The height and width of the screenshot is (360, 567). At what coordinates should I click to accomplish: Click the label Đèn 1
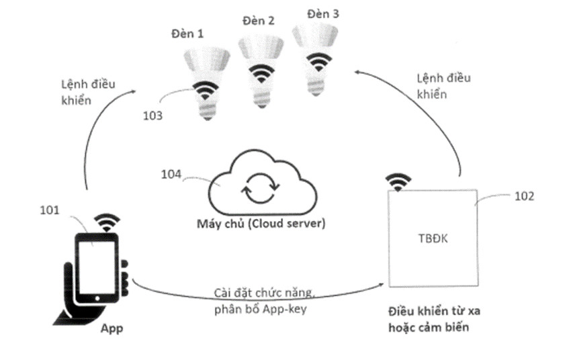(x=190, y=32)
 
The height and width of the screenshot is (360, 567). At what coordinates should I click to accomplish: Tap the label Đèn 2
(x=258, y=21)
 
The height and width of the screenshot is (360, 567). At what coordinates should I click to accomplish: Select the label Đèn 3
(x=322, y=13)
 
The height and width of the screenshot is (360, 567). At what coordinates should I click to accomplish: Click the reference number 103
(x=152, y=116)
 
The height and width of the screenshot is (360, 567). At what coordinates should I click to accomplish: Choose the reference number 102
(x=524, y=196)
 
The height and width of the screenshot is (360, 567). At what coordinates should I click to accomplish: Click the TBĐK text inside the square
(x=433, y=238)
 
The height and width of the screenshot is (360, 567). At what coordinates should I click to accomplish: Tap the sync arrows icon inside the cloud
(x=257, y=189)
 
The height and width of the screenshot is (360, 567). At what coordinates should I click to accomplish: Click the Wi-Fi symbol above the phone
(x=107, y=222)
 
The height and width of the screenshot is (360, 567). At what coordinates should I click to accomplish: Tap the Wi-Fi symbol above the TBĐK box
(x=398, y=181)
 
